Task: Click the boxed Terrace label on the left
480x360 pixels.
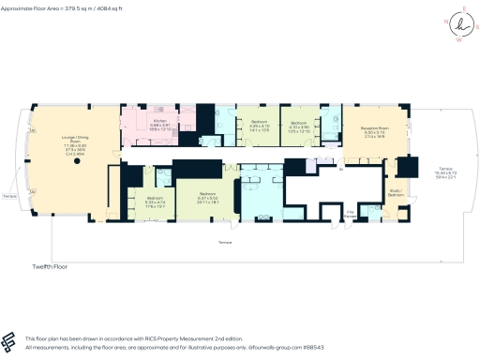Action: [9, 198]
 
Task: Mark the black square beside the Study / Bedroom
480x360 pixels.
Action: [407, 168]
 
